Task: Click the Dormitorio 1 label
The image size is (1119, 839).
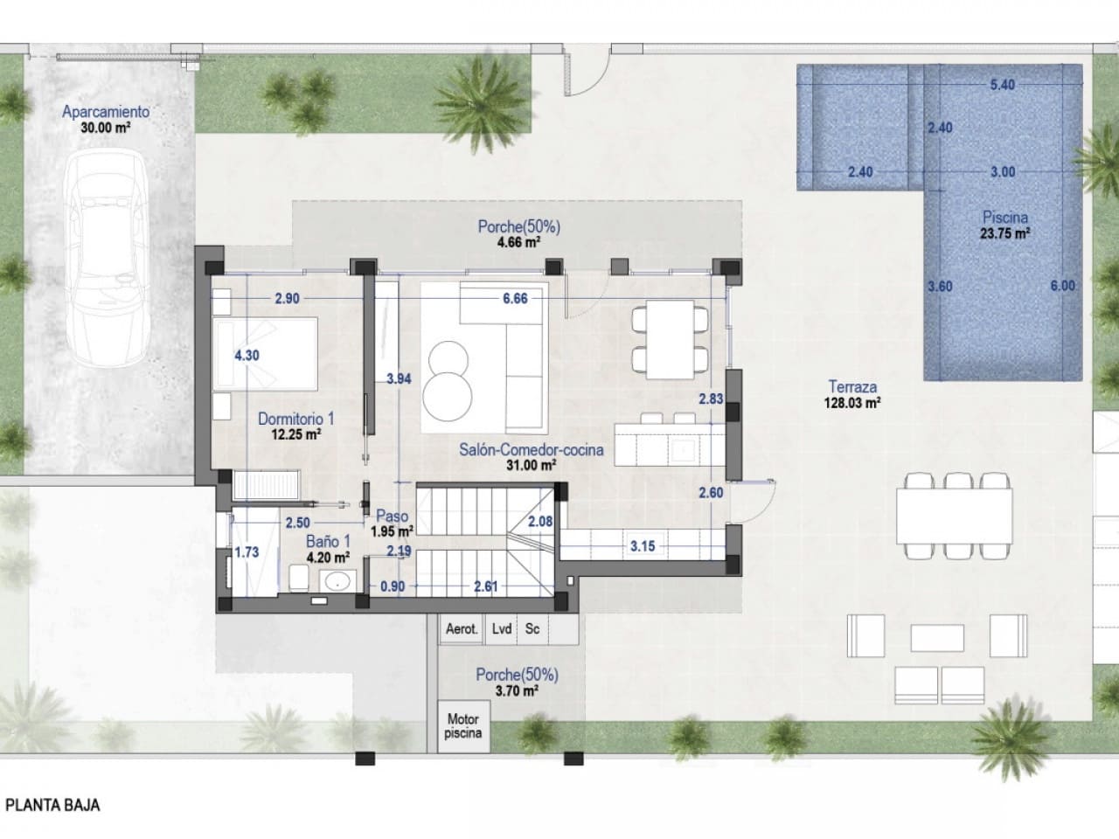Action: [295, 426]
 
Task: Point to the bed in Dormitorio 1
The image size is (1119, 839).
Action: [266, 354]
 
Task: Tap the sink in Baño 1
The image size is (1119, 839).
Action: [337, 580]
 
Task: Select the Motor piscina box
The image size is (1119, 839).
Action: [462, 726]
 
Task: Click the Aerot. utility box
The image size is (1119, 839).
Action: [462, 628]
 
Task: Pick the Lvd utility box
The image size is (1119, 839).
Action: [502, 628]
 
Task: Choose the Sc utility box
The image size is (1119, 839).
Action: [532, 628]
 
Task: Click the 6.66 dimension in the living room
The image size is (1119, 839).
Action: [515, 298]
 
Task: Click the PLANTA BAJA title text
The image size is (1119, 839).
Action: [52, 805]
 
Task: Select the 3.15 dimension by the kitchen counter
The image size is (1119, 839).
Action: [643, 546]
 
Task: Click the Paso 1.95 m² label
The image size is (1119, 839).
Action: [392, 523]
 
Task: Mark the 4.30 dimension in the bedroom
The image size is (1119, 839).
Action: [247, 356]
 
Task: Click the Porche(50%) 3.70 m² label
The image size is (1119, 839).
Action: [517, 682]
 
